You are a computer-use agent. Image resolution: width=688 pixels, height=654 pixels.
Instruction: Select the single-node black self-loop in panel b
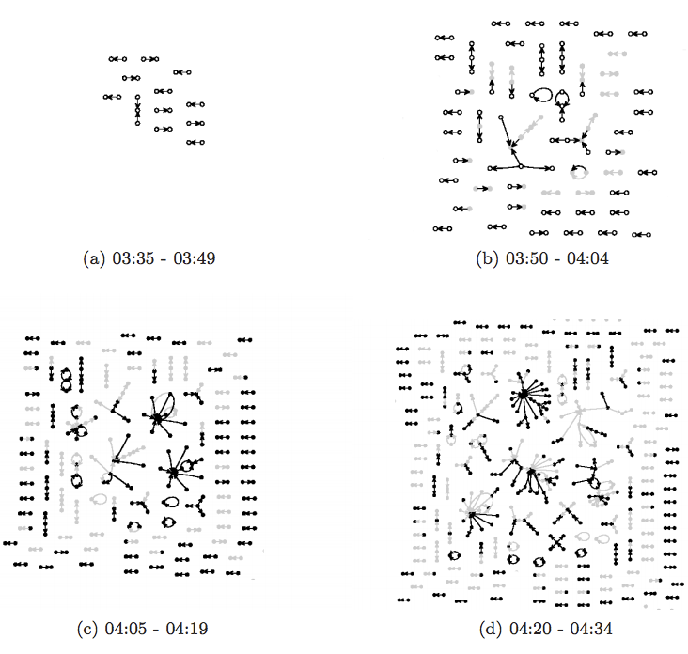click(x=542, y=95)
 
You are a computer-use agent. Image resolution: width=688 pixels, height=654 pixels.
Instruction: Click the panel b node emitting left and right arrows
click(x=520, y=167)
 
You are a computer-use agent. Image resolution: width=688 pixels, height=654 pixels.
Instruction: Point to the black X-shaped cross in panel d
click(x=556, y=542)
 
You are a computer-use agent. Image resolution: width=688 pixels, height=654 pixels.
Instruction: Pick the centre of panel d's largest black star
click(x=521, y=396)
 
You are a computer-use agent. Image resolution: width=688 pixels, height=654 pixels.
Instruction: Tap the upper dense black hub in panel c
click(x=156, y=414)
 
